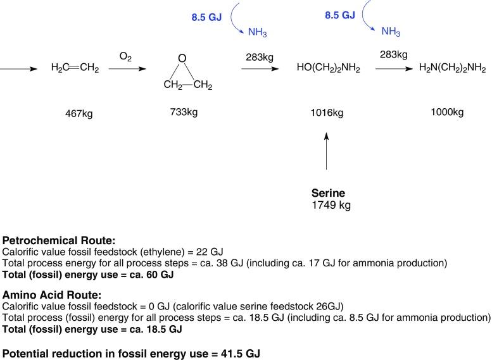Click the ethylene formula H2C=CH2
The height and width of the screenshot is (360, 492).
pyautogui.click(x=75, y=68)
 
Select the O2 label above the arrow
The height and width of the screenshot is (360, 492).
pyautogui.click(x=125, y=57)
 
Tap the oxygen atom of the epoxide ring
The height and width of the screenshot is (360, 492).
pyautogui.click(x=182, y=59)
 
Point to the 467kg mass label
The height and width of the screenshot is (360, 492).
pyautogui.click(x=83, y=114)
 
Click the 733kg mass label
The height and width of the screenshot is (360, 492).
pyautogui.click(x=184, y=112)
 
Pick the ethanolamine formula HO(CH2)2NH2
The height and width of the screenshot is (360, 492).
pyautogui.click(x=328, y=68)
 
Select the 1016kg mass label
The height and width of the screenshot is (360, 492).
pyautogui.click(x=327, y=113)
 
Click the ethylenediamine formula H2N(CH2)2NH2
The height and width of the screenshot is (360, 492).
pyautogui.click(x=452, y=68)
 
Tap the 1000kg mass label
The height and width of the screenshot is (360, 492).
pyautogui.click(x=447, y=112)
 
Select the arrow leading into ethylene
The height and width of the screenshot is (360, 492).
pyautogui.click(x=19, y=68)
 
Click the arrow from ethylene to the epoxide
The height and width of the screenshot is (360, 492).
pyautogui.click(x=125, y=68)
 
